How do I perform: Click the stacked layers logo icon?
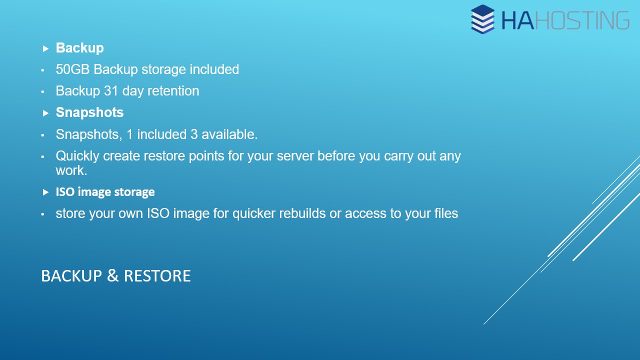[x=482, y=19]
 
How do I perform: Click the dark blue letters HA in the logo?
[x=517, y=20]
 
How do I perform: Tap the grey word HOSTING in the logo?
[x=582, y=20]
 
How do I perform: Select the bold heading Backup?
[x=79, y=48]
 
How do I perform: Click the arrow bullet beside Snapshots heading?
[x=45, y=113]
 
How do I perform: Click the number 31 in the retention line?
[x=111, y=91]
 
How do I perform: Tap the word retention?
[x=173, y=91]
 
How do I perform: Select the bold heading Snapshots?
[x=89, y=112]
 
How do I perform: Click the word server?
[x=295, y=156]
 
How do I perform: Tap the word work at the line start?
[x=71, y=170]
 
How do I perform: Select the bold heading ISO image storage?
[x=105, y=192]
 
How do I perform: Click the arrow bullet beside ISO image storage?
[x=45, y=192]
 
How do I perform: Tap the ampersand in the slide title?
[x=112, y=275]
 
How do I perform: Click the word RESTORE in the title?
[x=157, y=275]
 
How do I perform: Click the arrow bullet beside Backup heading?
[x=45, y=48]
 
